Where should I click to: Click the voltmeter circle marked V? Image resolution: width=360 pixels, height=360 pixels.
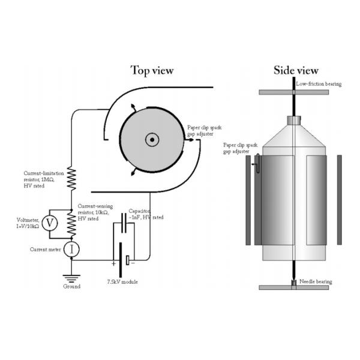tap(50, 223)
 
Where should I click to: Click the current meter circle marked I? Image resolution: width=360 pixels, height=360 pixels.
tap(71, 250)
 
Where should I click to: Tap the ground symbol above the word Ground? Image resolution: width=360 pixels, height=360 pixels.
tap(71, 278)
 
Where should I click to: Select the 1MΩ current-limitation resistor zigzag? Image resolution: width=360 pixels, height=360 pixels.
tap(71, 179)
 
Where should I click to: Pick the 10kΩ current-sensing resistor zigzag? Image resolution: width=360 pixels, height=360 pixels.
tap(71, 224)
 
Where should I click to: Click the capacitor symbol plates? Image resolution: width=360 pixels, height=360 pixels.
tap(124, 223)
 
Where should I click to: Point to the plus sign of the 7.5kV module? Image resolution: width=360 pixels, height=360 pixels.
tap(113, 264)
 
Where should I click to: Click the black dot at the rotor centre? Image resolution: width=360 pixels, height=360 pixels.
tap(152, 140)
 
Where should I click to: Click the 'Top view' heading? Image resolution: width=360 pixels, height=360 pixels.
tap(152, 70)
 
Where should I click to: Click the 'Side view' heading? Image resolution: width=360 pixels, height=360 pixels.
tap(296, 70)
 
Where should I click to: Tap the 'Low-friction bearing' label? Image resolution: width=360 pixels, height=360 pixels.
tap(319, 84)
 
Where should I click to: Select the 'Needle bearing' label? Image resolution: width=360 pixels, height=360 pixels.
tap(316, 282)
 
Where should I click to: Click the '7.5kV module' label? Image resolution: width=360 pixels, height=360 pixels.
tap(122, 282)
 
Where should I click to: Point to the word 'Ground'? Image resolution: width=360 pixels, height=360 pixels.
tap(71, 287)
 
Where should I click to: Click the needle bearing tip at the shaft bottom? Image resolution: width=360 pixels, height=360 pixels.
tap(293, 283)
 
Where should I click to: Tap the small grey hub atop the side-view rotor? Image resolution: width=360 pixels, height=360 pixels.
tap(294, 121)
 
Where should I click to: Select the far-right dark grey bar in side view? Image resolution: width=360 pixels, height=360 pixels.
tap(340, 200)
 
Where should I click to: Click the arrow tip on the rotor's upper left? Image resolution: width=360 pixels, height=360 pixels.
tap(132, 106)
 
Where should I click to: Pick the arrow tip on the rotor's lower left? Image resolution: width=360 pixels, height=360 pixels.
tap(132, 174)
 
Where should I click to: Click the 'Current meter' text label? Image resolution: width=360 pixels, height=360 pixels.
tap(45, 250)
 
